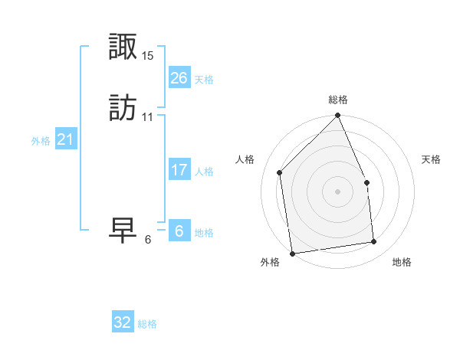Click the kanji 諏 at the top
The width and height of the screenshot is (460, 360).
click(123, 47)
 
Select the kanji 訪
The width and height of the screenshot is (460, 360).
click(123, 108)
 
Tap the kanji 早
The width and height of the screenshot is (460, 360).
click(123, 230)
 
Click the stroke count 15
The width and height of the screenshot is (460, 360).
click(148, 56)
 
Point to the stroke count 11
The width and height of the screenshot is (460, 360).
click(148, 117)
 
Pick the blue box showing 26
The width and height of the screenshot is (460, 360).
click(179, 78)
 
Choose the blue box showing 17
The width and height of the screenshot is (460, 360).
click(179, 170)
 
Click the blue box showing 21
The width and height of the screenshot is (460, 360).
click(65, 139)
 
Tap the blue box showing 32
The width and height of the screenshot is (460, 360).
click(123, 322)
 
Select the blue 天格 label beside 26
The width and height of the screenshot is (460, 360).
click(204, 80)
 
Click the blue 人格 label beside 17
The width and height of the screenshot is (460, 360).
click(204, 172)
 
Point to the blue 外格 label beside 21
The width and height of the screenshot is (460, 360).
click(41, 141)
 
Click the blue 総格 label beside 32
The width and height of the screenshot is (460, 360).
click(147, 324)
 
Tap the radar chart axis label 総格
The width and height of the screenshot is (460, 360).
click(338, 100)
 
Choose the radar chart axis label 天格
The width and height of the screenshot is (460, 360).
click(432, 159)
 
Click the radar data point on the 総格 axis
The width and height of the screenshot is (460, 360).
click(338, 116)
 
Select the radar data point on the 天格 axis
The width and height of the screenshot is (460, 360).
click(366, 182)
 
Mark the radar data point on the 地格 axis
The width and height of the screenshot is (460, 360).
click(374, 242)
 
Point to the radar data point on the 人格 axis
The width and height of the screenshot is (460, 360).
click(280, 172)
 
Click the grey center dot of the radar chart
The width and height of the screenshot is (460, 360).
click(338, 191)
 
